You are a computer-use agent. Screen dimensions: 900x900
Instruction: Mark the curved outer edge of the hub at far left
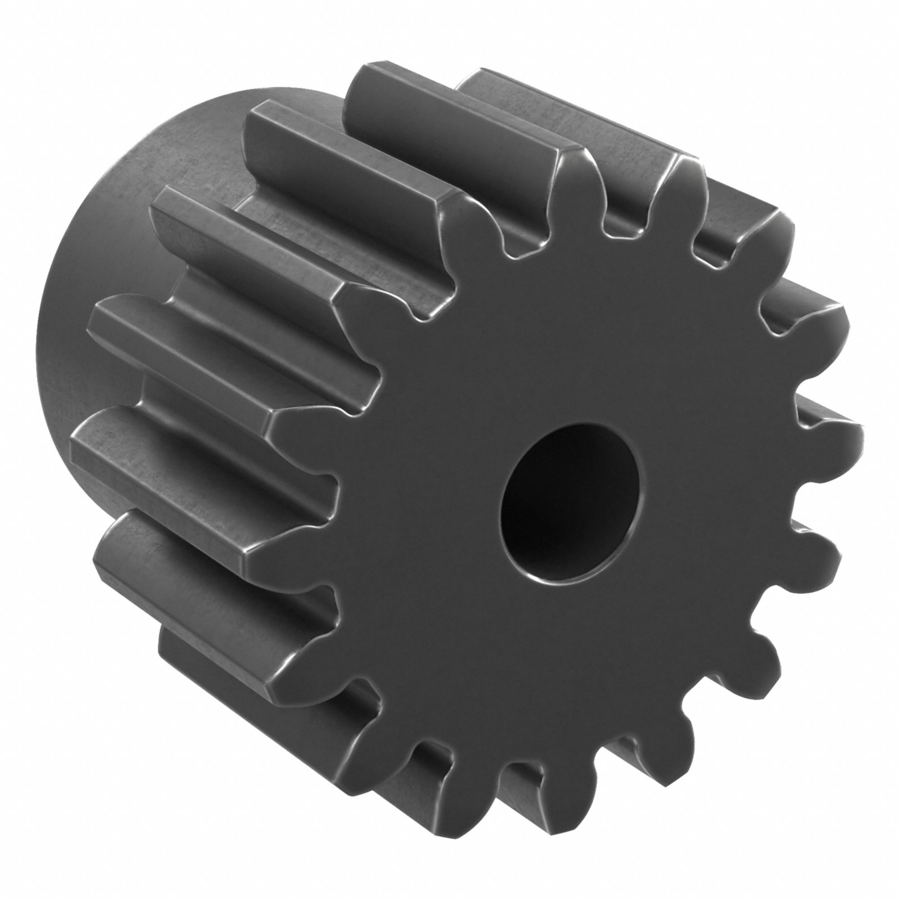pos(40,349)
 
